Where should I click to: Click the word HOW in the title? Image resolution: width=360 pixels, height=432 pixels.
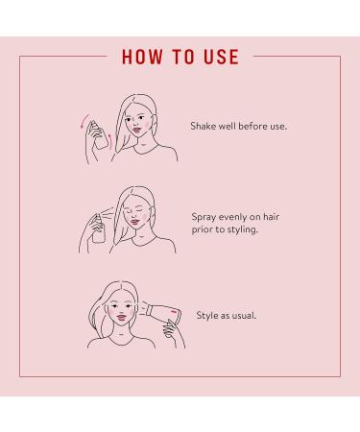[x=143, y=57]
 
